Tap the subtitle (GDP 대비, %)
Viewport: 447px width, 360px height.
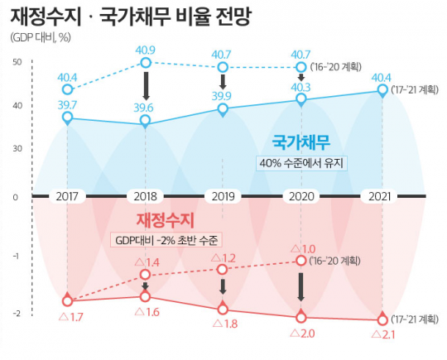41,38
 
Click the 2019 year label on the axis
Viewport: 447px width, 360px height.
223,197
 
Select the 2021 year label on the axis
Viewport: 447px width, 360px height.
382,197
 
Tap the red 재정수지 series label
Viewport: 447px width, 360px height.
164,220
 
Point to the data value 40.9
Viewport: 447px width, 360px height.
146,50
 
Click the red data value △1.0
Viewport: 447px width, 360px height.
302,247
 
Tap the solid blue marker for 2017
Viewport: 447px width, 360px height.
67,118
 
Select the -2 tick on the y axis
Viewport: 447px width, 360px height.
16,314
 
